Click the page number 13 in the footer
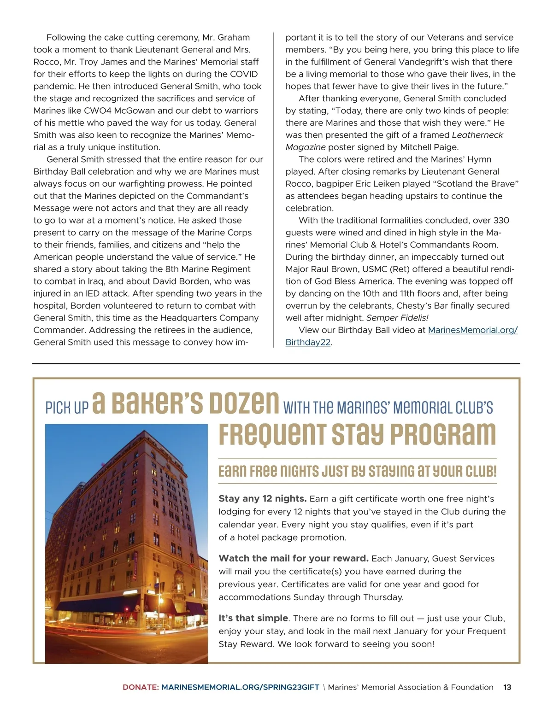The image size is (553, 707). point(507,687)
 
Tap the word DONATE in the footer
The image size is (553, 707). point(140,687)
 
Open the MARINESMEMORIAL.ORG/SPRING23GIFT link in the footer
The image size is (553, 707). point(241,687)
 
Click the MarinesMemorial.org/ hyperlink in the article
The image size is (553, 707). point(473,330)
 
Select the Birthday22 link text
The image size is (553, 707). point(308,342)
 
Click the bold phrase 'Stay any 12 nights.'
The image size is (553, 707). point(262,498)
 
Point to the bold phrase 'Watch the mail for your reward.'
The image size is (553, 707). point(294,558)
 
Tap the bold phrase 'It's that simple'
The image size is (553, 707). point(253,618)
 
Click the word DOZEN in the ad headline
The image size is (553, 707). point(244,403)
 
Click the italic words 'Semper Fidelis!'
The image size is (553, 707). point(397,318)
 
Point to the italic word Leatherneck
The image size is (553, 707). point(477,135)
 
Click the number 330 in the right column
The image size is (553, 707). point(501,220)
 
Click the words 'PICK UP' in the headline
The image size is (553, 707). point(67,408)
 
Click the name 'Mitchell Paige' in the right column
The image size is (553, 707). point(429,147)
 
